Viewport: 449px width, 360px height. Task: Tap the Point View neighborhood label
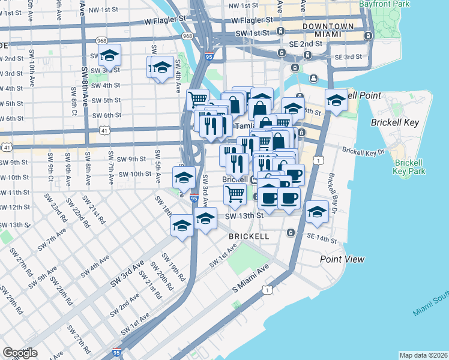(x=342, y=259)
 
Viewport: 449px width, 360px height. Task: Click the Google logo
(x=20, y=353)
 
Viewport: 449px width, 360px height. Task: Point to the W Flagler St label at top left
(x=164, y=20)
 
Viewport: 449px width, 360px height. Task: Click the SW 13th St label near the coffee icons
(x=244, y=216)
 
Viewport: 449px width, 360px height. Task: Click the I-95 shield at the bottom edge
(x=117, y=354)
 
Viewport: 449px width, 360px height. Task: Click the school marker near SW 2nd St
(x=109, y=56)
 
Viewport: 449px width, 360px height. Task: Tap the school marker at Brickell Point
(x=336, y=100)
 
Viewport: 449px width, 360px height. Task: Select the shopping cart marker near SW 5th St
(x=197, y=99)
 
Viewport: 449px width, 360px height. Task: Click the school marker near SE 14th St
(x=317, y=212)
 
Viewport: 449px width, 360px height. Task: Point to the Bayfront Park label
(x=393, y=4)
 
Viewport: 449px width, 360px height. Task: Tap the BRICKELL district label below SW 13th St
(x=249, y=236)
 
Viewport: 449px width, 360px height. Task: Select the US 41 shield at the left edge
(x=6, y=146)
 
